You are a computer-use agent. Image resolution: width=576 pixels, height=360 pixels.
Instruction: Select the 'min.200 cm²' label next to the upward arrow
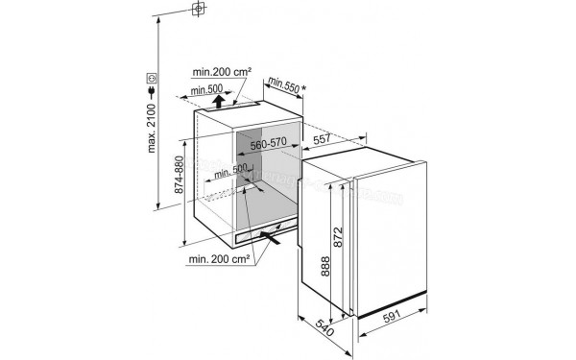coord(222,71)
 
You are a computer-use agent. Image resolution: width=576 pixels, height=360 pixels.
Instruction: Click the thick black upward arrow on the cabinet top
coord(220,100)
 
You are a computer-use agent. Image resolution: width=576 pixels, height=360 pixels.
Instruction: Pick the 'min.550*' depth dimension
coord(285,84)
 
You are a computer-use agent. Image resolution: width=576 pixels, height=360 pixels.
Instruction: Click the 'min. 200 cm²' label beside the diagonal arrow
coord(220,258)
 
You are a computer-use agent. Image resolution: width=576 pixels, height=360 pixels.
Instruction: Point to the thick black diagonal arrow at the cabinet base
coord(272,241)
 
